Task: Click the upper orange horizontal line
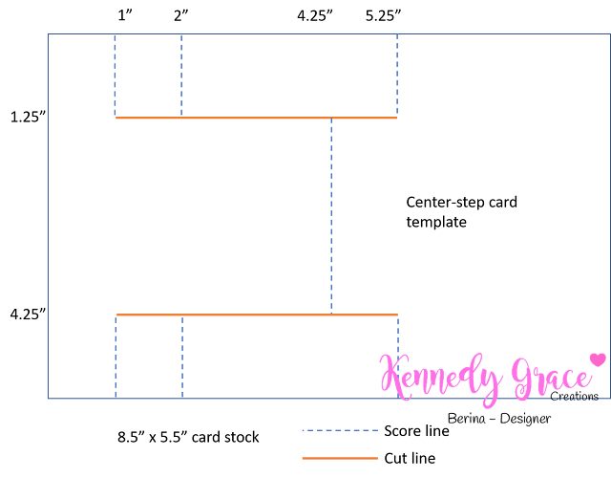point(256,118)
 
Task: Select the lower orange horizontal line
point(257,315)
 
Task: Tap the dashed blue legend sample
point(340,430)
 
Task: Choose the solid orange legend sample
point(340,458)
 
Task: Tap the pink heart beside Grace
point(598,359)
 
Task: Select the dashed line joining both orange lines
point(331,216)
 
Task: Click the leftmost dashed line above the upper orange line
point(115,76)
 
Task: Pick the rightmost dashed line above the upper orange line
point(397,76)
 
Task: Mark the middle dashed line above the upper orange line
point(181,76)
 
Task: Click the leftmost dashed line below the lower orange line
point(116,357)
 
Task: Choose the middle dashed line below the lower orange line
point(182,357)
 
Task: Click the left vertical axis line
point(48,216)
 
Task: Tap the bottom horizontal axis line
point(239,398)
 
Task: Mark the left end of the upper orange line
point(116,118)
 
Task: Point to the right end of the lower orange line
point(396,315)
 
